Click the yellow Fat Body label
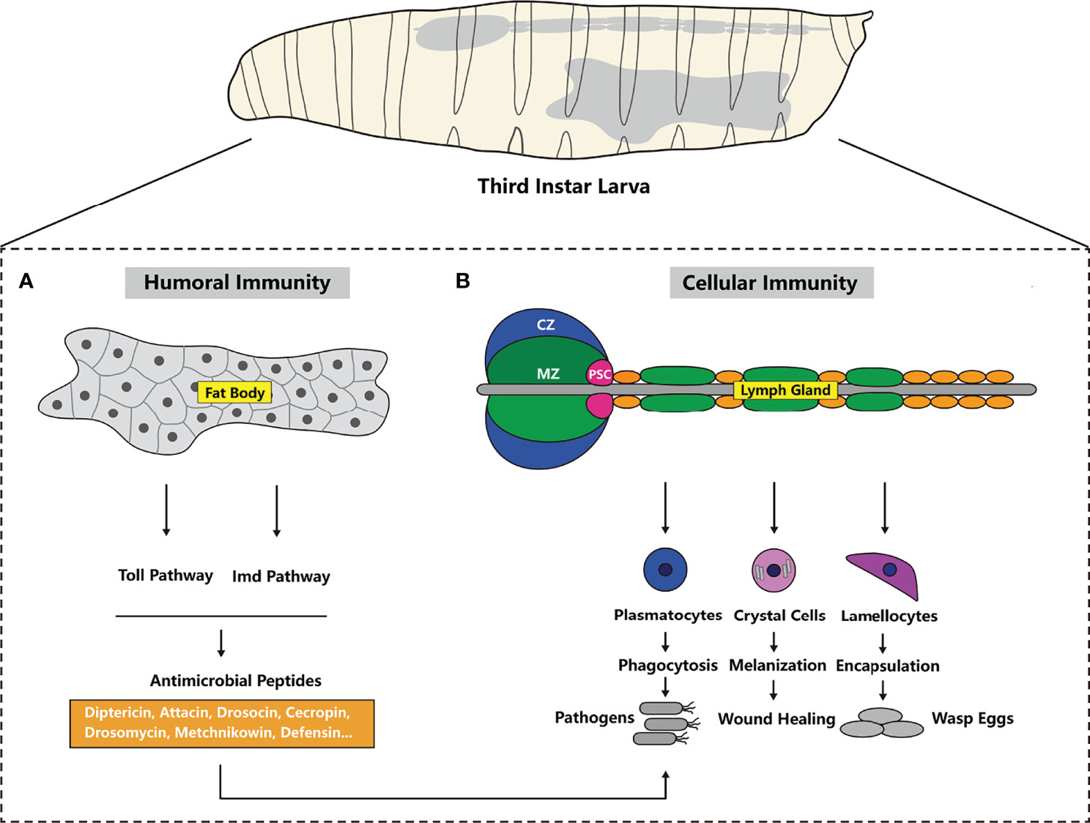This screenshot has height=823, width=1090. coord(234,393)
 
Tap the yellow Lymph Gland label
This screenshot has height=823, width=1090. coord(785,390)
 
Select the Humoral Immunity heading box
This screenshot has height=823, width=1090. coord(237,283)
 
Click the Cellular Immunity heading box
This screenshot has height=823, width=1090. coord(771,283)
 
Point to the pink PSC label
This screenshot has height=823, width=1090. coord(599,374)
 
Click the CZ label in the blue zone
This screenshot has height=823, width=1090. coord(546,324)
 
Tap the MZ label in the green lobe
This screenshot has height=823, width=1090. coord(548,374)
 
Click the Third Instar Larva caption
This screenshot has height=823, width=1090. coord(563,186)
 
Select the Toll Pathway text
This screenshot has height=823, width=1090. coord(166,576)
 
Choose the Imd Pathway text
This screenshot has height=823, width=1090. coord(281,577)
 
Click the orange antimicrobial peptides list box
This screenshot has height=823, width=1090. coord(221,723)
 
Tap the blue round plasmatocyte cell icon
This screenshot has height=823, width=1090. coord(665,570)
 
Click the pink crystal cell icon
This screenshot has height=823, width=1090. coord(774,570)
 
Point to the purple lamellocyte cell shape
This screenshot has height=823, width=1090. coord(887,572)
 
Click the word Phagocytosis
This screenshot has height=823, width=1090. coord(667,666)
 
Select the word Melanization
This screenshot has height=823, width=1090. coord(777,666)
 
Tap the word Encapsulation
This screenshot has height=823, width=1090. coord(887,666)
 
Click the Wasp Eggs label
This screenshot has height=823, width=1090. coord(972,719)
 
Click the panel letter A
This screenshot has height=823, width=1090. coord(26,281)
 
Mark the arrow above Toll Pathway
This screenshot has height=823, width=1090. coord(166,510)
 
